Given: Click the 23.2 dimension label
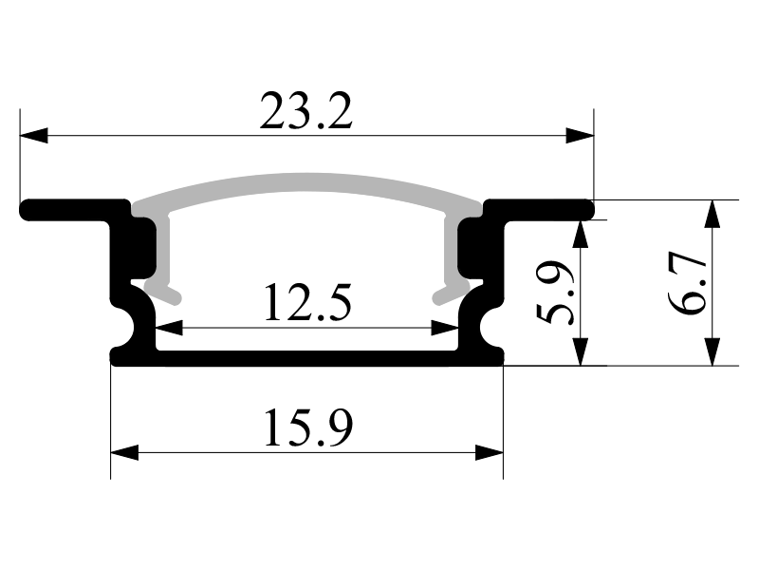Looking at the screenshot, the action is click(x=305, y=111).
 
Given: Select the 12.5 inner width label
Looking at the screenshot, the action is click(x=307, y=302).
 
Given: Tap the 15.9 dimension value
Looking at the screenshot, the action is click(x=308, y=427).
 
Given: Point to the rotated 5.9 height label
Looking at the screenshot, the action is click(x=555, y=293).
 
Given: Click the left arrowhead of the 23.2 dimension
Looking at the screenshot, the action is click(x=34, y=135).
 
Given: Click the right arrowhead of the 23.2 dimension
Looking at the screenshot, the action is click(x=580, y=135).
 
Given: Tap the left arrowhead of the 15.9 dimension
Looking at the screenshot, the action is click(x=125, y=453).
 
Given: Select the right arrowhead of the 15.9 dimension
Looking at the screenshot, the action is click(x=490, y=453).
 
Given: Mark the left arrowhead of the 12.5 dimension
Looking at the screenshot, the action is click(x=170, y=328).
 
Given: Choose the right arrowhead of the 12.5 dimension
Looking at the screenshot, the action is click(x=444, y=328).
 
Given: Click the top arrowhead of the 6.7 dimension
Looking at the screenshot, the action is click(x=712, y=214).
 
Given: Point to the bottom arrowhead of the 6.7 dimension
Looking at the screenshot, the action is click(x=712, y=351).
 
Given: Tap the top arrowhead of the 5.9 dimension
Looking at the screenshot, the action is click(x=580, y=234).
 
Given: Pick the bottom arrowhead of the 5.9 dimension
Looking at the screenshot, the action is click(x=580, y=351).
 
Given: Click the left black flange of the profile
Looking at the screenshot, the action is click(x=73, y=209).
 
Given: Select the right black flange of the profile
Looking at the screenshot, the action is click(x=540, y=209).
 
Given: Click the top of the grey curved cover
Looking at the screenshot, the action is click(x=306, y=182).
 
